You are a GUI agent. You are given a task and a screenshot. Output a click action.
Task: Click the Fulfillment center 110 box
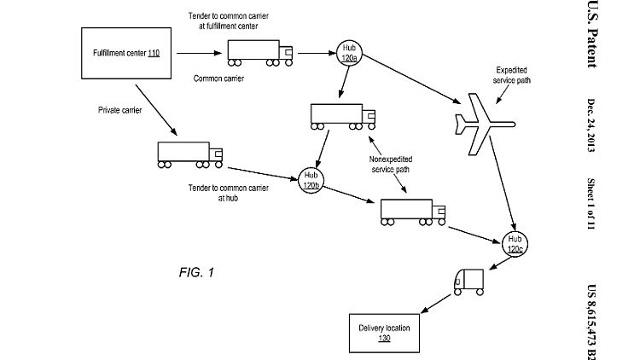(126, 54)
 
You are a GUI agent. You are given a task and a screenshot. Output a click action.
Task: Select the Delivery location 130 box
(384, 331)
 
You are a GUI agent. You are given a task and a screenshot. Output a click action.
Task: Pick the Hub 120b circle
(310, 180)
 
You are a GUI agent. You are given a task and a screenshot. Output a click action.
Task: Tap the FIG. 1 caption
(196, 273)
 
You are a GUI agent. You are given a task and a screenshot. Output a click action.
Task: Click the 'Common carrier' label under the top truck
(218, 78)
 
